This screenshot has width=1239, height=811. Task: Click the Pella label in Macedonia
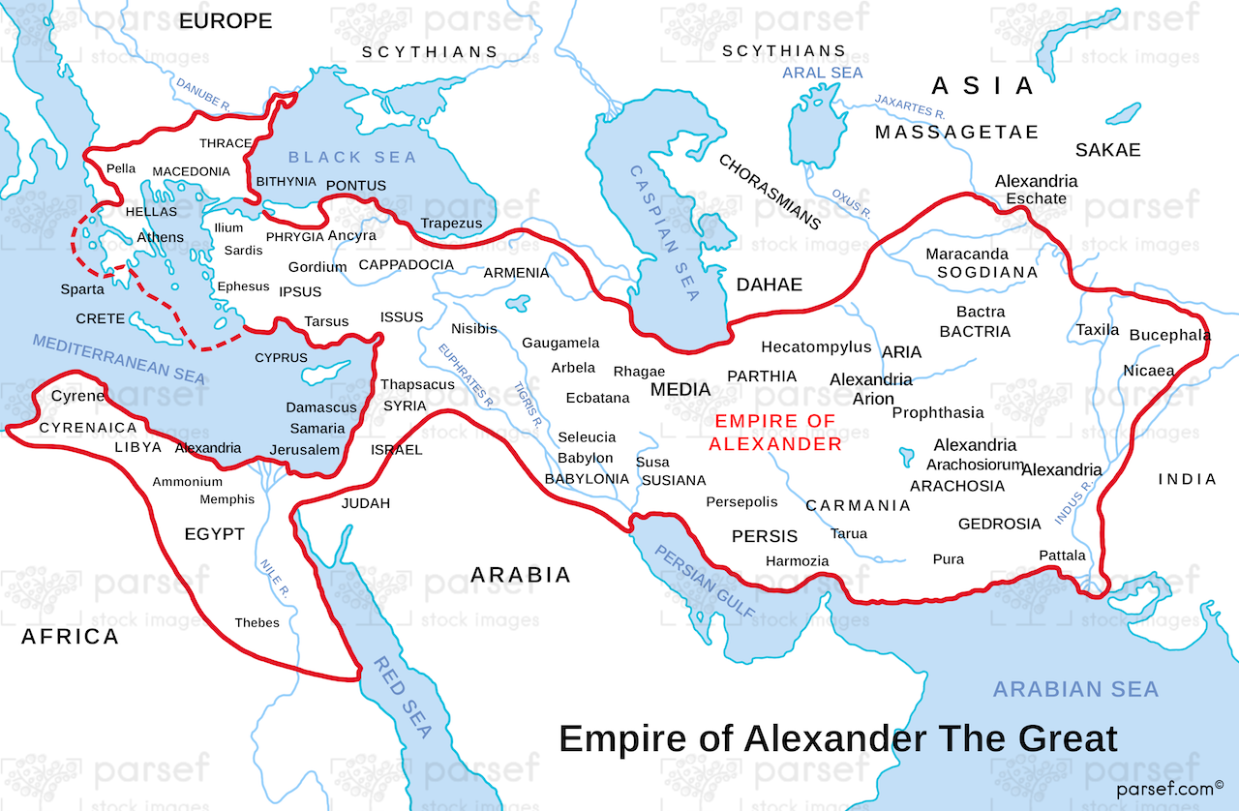(x=121, y=168)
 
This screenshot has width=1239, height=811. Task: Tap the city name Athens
(x=160, y=237)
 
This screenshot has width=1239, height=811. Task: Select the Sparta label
(x=82, y=289)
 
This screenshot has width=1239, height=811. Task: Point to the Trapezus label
(x=451, y=224)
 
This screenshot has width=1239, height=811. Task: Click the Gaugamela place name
(x=560, y=343)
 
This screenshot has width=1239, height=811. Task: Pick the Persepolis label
(x=741, y=501)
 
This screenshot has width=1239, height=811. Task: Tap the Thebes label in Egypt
(x=257, y=622)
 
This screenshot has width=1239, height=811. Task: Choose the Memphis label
(x=227, y=499)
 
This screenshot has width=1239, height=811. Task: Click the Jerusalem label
(x=305, y=450)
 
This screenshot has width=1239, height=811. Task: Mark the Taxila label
(x=1098, y=330)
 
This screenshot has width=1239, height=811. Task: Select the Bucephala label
(x=1170, y=335)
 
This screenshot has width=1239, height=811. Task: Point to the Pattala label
(x=1062, y=555)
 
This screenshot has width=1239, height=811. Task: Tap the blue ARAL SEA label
(x=823, y=73)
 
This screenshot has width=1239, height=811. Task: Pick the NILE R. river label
(x=275, y=577)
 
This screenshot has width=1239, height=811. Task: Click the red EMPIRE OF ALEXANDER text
(x=775, y=433)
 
